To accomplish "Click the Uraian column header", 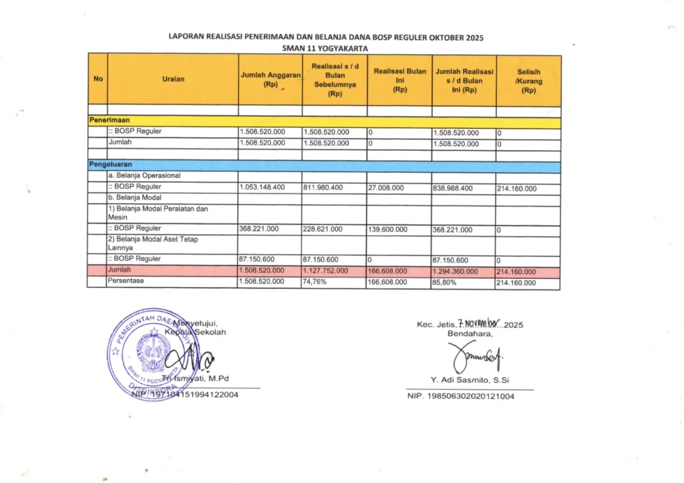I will pos(172,79).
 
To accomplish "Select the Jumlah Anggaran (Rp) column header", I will pos(270,79).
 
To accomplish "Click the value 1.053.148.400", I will pos(262,187).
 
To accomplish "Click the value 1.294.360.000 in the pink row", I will pos(457,271).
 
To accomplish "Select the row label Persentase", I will pos(126,282).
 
